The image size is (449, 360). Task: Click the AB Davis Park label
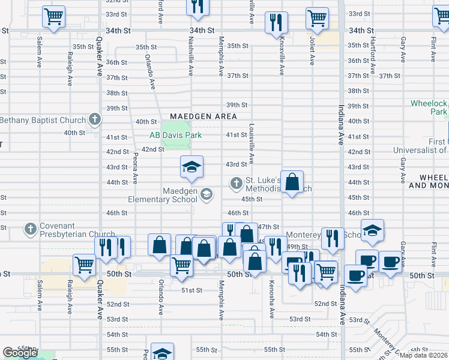(175, 135)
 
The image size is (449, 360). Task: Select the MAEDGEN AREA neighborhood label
(203, 116)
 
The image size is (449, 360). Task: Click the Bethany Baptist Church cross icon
(94, 119)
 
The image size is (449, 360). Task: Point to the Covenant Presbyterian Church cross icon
(31, 229)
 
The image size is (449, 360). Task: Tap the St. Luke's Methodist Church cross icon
(237, 183)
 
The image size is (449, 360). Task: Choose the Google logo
(20, 353)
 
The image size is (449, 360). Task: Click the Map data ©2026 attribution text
(424, 355)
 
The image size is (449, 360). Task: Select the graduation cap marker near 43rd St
(192, 166)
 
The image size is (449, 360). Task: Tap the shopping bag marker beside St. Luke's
(292, 182)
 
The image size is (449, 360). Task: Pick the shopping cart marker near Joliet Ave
(317, 18)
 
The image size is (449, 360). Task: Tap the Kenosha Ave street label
(272, 299)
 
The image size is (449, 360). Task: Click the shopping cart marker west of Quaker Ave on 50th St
(85, 265)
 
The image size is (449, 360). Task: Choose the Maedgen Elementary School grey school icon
(206, 193)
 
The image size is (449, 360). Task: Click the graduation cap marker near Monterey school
(372, 230)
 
